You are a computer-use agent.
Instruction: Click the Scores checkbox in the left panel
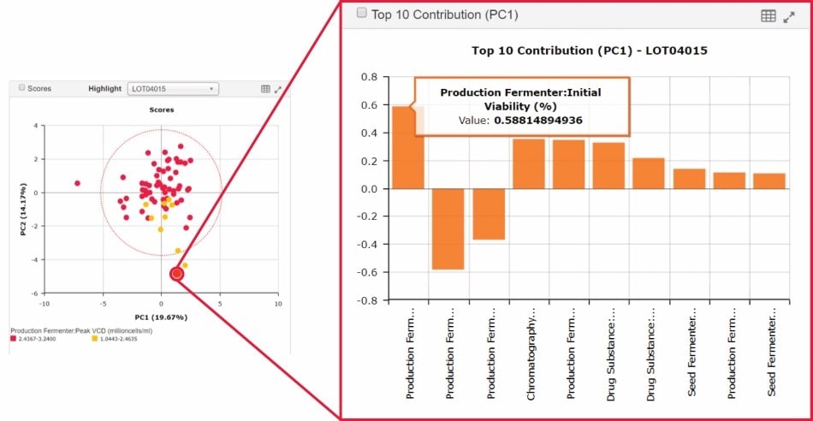pos(22,88)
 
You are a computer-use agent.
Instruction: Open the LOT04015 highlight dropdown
pos(172,88)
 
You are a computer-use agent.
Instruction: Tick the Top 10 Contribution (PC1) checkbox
pos(361,15)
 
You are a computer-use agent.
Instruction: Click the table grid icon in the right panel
pos(768,15)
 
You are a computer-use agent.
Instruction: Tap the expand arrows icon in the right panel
pos(789,15)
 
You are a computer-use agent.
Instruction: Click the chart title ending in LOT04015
pos(589,50)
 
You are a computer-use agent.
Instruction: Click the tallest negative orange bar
pos(448,228)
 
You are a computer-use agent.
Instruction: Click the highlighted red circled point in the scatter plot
pos(177,274)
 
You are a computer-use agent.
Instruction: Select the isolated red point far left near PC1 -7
pos(77,183)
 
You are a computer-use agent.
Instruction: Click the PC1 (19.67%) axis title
pos(160,317)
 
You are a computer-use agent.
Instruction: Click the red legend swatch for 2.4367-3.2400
pos(12,339)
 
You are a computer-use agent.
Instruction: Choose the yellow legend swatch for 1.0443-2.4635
pos(93,339)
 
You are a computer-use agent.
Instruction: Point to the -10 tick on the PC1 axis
pos(44,304)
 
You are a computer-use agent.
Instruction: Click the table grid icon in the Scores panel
pos(265,88)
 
